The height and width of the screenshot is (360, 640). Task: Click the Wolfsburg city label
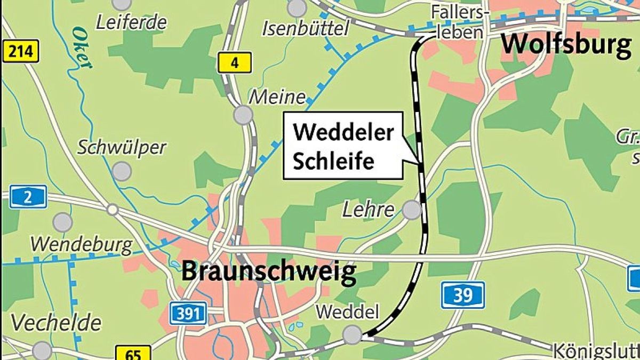click(x=566, y=45)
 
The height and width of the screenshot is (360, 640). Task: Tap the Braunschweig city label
click(x=269, y=271)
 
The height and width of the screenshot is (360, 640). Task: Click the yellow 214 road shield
click(x=21, y=52)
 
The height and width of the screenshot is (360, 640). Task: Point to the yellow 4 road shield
click(x=234, y=64)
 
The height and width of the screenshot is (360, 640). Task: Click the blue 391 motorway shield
click(x=188, y=312)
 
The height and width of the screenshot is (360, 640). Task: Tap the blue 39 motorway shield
click(x=463, y=294)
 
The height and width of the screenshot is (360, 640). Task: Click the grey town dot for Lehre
click(x=412, y=210)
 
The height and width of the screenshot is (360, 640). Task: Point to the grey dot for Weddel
click(x=352, y=334)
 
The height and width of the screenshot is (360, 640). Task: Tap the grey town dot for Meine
click(x=243, y=115)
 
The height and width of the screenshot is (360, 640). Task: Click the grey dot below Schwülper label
click(x=122, y=171)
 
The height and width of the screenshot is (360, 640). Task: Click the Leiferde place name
click(x=131, y=22)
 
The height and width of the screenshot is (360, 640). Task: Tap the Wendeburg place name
click(x=81, y=245)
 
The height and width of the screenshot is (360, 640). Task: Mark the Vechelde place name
click(x=56, y=323)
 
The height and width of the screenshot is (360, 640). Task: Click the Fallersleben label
click(x=458, y=21)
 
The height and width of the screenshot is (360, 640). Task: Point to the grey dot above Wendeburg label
click(x=62, y=222)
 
